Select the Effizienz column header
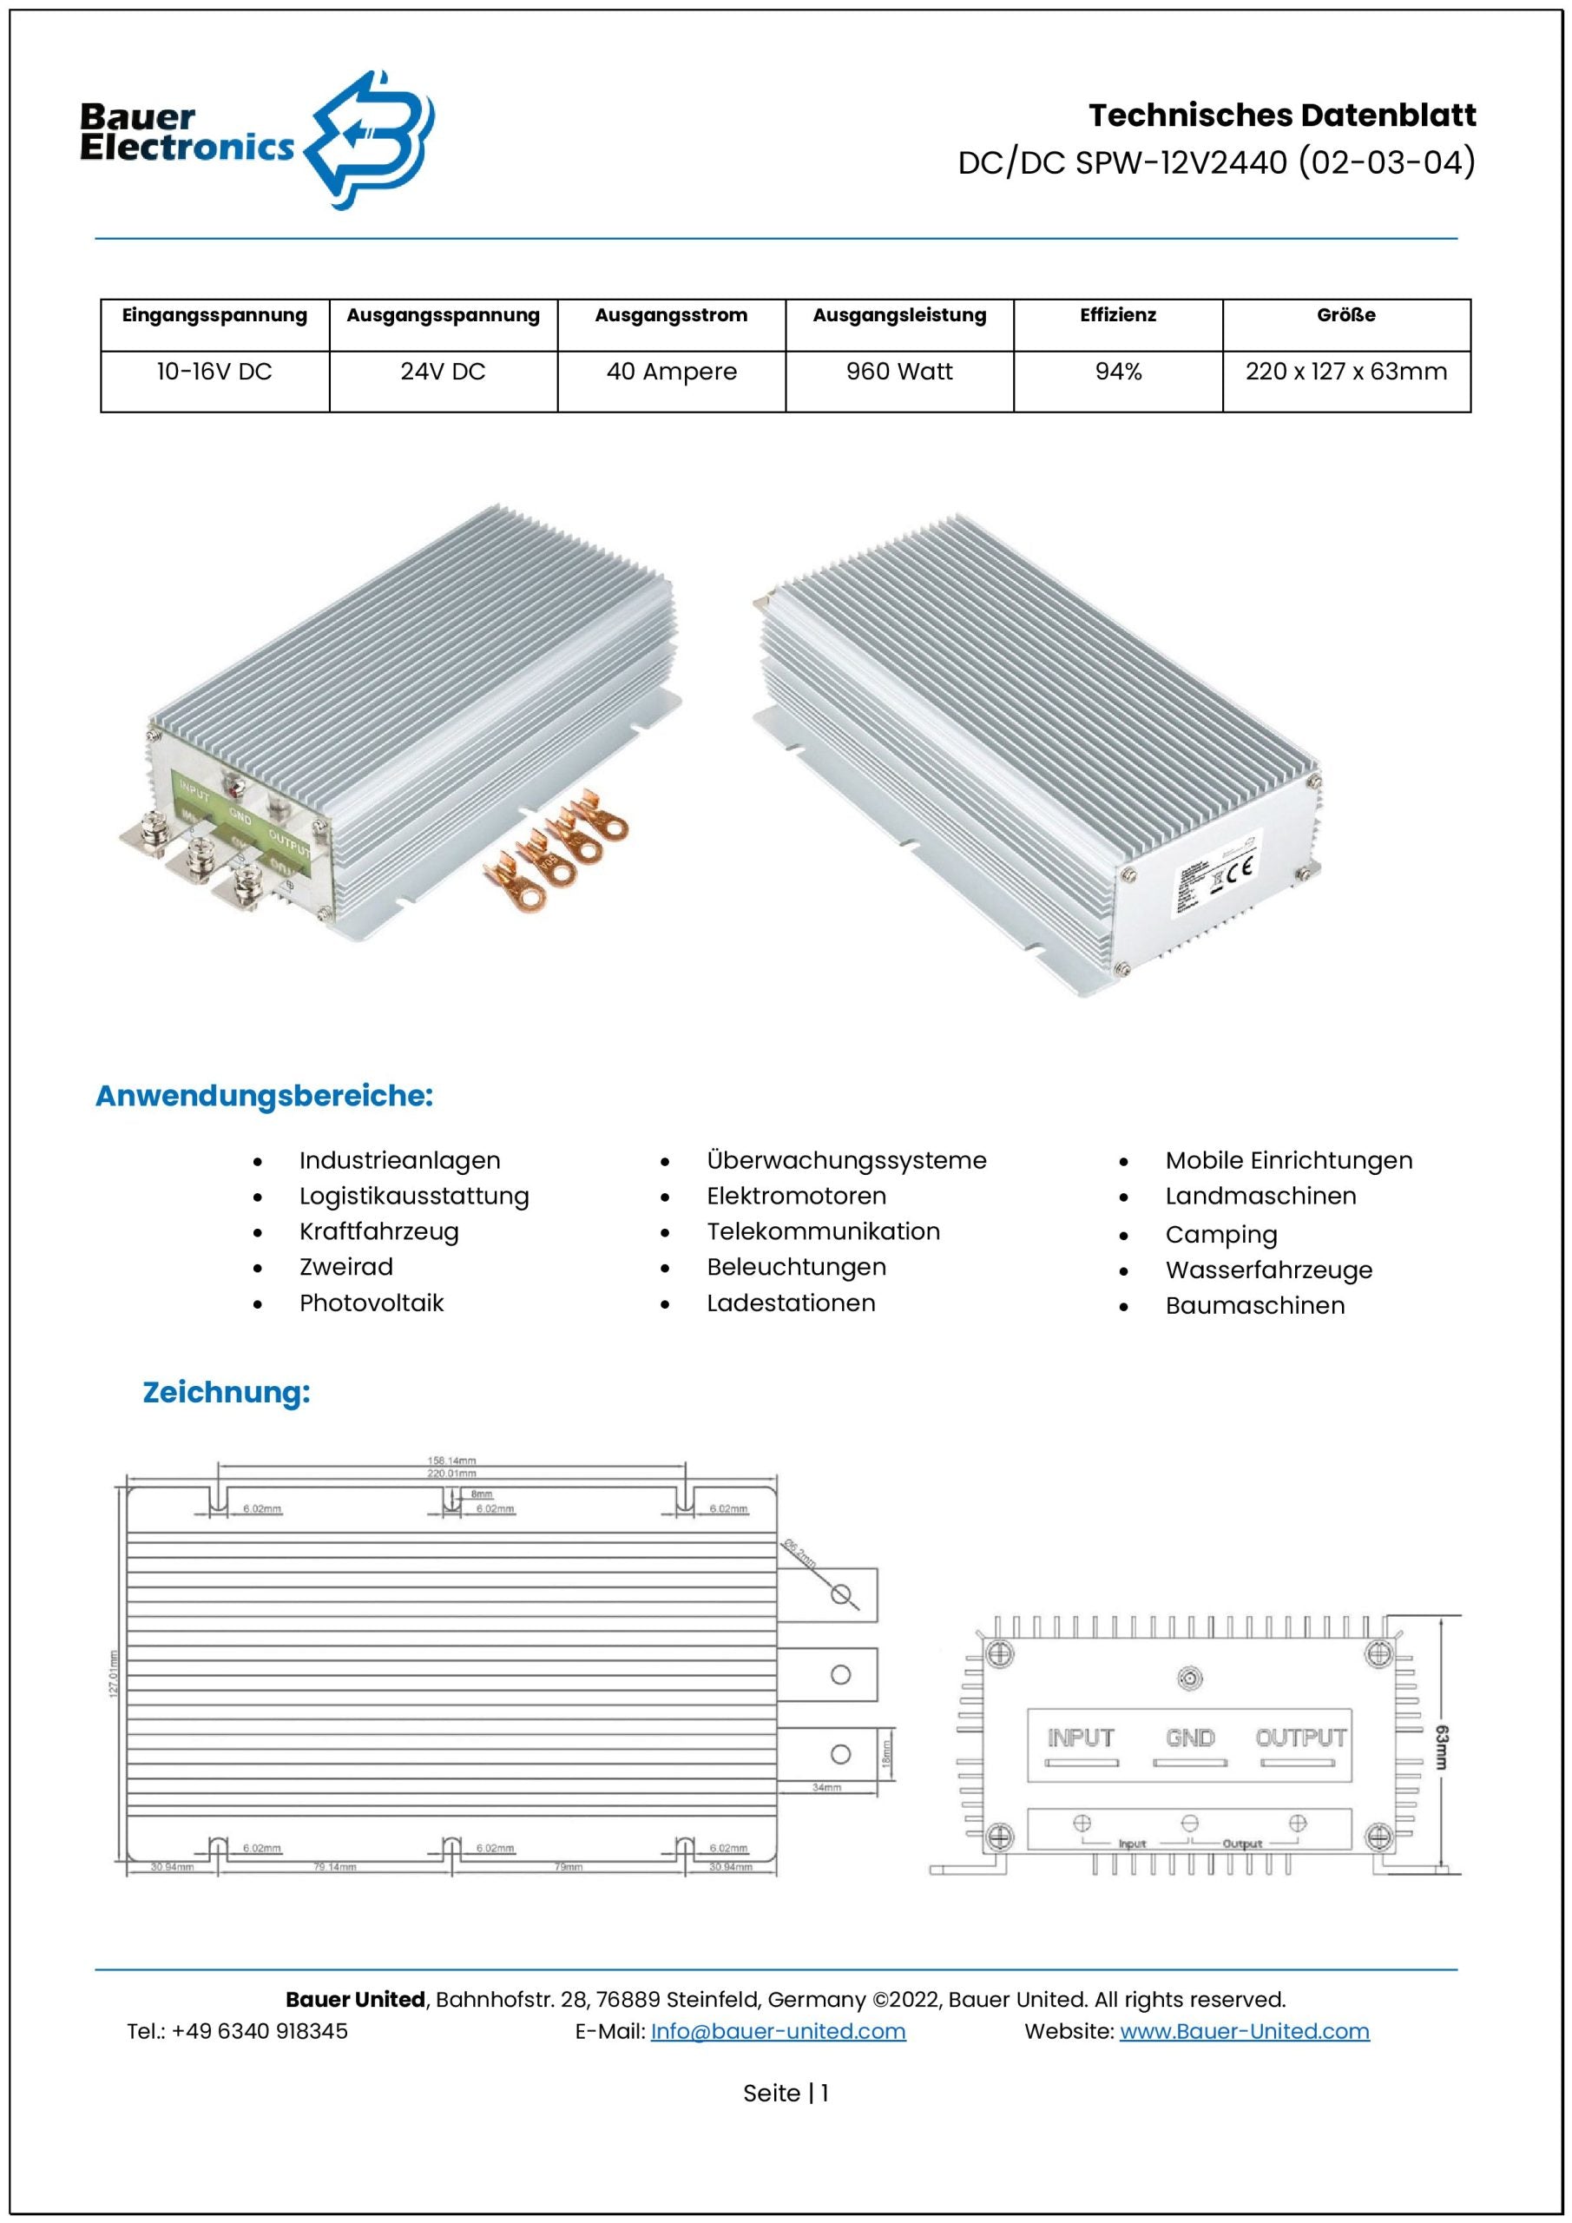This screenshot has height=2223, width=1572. coord(1118,315)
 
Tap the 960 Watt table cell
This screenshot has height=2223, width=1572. coord(899,372)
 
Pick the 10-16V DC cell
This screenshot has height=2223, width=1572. coord(215,372)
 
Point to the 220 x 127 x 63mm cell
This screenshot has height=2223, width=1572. coord(1345,372)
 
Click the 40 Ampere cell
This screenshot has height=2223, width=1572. coord(672,372)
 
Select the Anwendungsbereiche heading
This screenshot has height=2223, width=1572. coord(264,1096)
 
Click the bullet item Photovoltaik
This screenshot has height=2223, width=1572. coord(372,1303)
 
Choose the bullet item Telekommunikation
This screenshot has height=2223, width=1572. coord(823,1231)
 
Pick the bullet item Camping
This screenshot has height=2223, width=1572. coord(1220,1236)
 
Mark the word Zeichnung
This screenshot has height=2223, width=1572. coord(227,1392)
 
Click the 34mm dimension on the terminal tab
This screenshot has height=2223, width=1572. coord(826,1787)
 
